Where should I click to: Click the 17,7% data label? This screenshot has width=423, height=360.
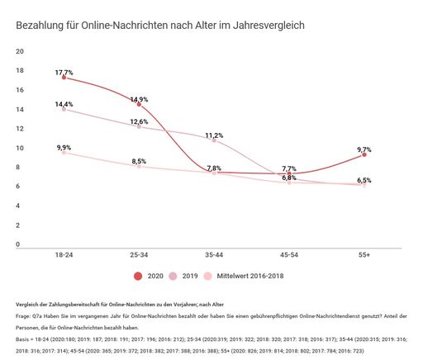[x=65, y=73]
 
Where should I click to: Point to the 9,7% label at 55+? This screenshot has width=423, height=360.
[x=364, y=149]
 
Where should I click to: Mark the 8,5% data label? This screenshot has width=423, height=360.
[x=139, y=161]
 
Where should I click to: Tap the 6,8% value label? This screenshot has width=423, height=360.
[x=289, y=178]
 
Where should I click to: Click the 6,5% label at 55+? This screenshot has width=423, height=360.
[x=364, y=180]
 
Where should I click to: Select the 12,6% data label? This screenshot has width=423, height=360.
[x=139, y=122]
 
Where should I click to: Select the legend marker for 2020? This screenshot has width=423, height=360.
[x=137, y=277]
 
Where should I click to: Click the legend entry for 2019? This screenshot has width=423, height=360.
[x=183, y=277]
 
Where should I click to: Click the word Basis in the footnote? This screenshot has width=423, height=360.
[x=25, y=339]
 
